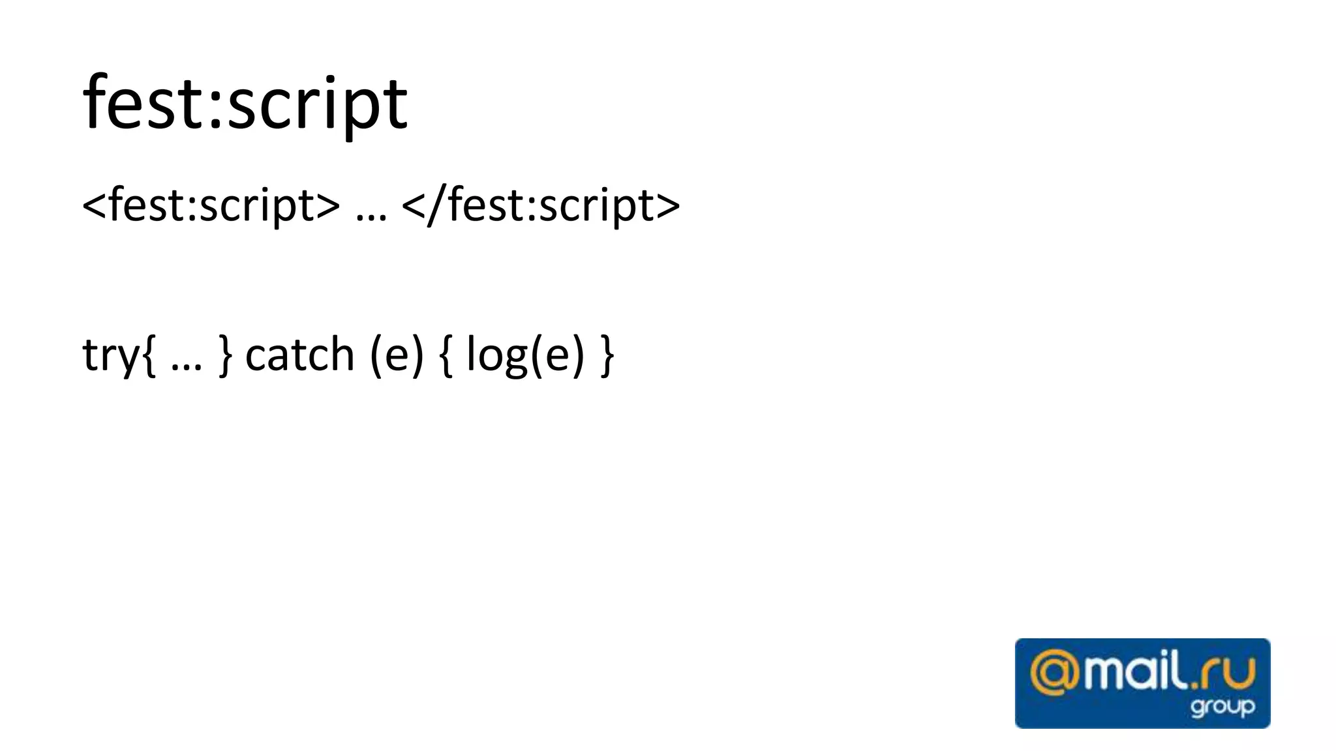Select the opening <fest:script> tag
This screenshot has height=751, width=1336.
(x=211, y=205)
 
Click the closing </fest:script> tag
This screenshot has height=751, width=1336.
(x=541, y=205)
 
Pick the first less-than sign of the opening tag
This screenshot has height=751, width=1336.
(x=94, y=206)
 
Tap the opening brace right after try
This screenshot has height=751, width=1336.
(x=149, y=355)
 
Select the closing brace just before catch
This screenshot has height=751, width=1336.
(x=225, y=355)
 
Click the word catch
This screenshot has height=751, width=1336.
(x=299, y=355)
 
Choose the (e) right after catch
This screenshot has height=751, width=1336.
(x=397, y=355)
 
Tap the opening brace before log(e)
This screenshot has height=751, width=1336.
(x=446, y=355)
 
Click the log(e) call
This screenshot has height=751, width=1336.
(x=525, y=355)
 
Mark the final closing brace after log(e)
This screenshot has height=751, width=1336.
(x=607, y=355)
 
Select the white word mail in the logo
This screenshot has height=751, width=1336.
(x=1132, y=672)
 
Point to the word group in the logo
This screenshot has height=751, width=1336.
(x=1222, y=707)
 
